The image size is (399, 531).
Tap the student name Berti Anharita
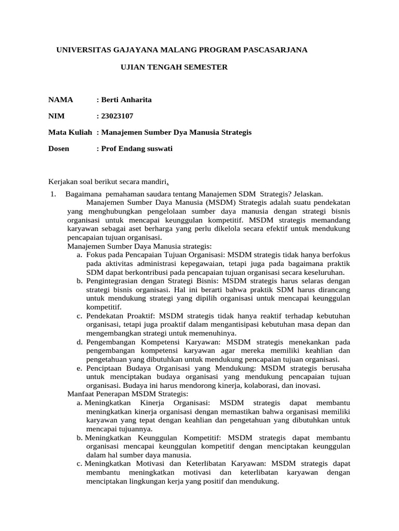[127, 100]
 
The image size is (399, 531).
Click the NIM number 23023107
[121, 116]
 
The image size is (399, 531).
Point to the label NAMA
[61, 100]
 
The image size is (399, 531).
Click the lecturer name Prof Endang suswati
[137, 149]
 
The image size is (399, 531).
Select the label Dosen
[59, 149]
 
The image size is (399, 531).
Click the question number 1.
[52, 194]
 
